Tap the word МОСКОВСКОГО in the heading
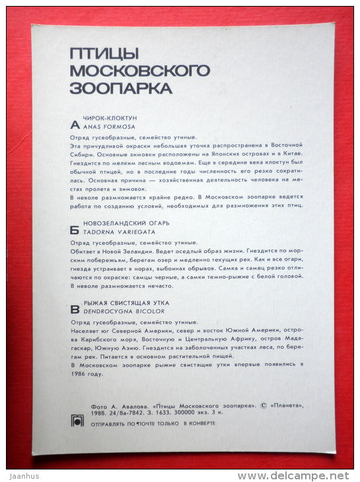point(139,71)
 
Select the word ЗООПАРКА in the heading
point(121,87)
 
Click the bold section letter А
point(74,124)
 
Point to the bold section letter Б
point(74,230)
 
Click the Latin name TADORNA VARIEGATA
point(120,232)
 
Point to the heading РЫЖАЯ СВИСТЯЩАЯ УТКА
point(124,302)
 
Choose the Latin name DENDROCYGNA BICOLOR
point(124,310)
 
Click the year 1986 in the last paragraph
point(77,374)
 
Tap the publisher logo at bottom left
point(77,421)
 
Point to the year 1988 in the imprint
point(80,415)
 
